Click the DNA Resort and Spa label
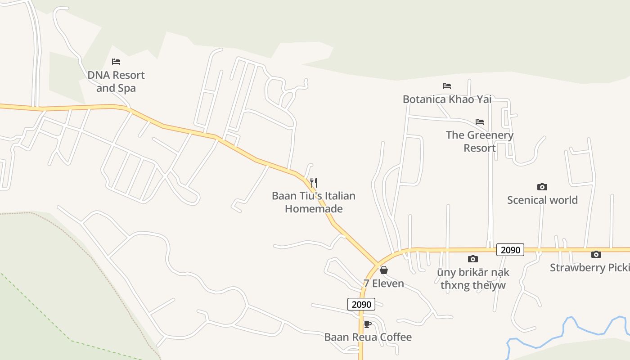point(116,81)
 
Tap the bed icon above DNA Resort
point(116,62)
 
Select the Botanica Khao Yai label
point(447,99)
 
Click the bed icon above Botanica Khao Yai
point(447,86)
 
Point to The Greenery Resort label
point(480,141)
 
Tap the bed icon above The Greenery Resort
point(480,122)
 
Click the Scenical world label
point(542,200)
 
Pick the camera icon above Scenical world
point(542,187)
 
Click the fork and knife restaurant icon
point(314,183)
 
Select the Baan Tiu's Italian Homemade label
point(314,202)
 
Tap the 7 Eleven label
point(384,283)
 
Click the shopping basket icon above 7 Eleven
point(384,270)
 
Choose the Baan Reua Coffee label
point(368,337)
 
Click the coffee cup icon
point(368,324)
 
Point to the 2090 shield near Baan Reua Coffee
point(361,305)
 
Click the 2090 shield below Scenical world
point(510,250)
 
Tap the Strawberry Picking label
point(589,268)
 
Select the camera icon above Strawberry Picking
point(596,255)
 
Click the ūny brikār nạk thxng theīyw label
point(473,279)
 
